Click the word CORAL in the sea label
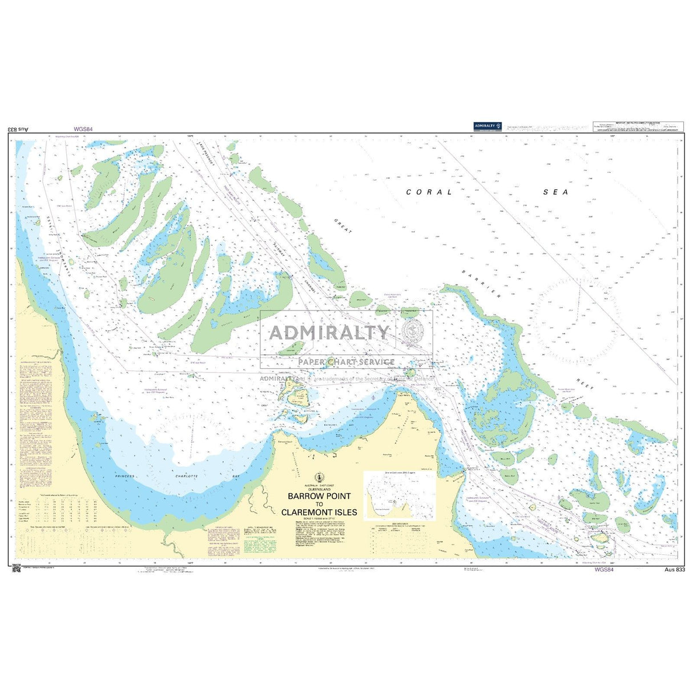(x=429, y=192)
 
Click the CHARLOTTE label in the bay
(x=186, y=476)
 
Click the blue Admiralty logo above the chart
(x=488, y=127)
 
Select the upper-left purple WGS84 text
(x=83, y=130)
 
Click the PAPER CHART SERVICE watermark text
(x=346, y=361)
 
